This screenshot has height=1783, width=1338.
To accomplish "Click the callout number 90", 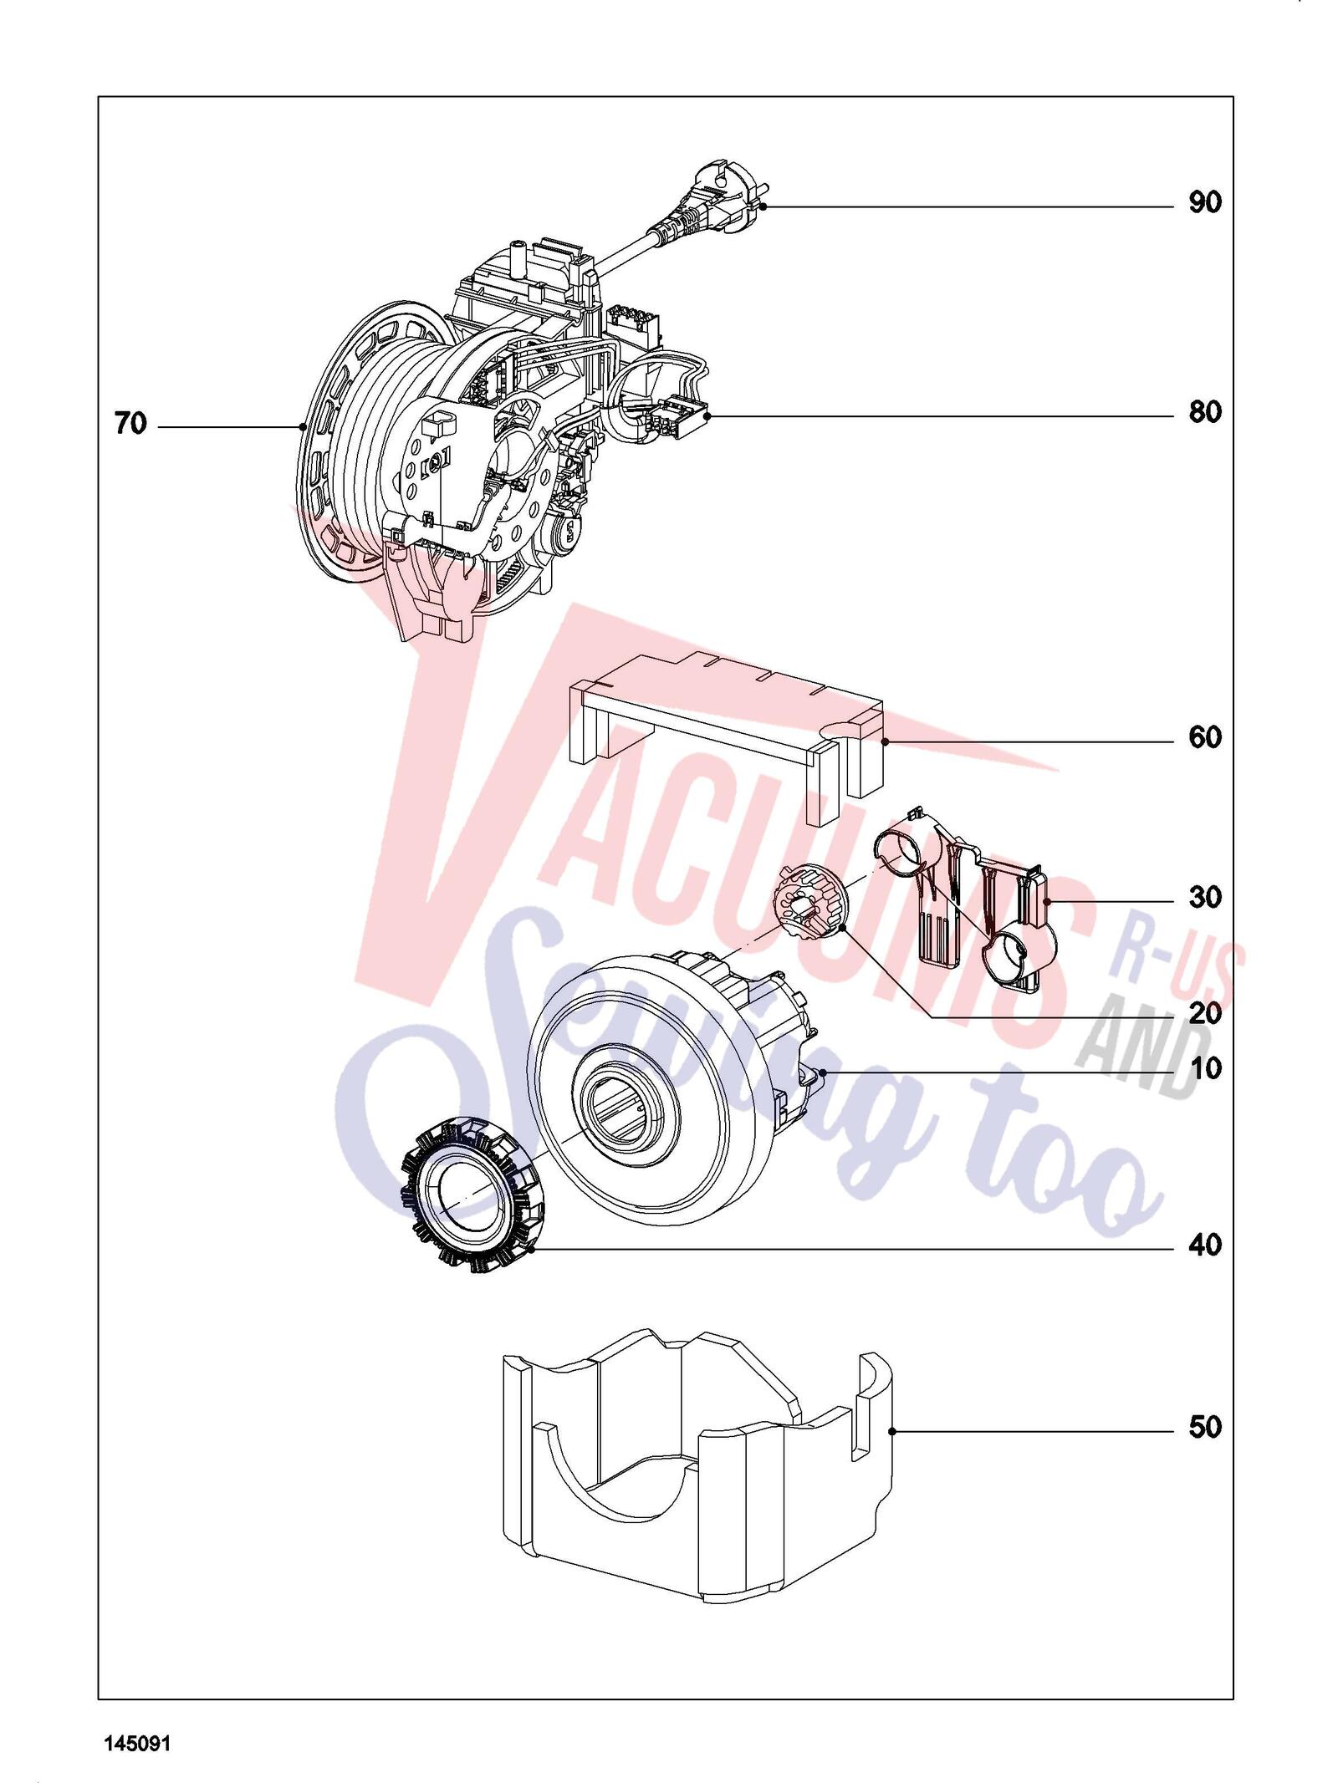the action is click(1205, 202).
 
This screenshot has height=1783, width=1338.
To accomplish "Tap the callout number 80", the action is click(1205, 412).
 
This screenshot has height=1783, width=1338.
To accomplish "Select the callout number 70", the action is click(130, 424).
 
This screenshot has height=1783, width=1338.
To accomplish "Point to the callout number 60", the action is click(1205, 737).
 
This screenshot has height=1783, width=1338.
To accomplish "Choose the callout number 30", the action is click(1205, 898).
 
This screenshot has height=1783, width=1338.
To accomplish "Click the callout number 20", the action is click(1205, 1014).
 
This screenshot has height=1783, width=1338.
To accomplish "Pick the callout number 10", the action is click(1205, 1068).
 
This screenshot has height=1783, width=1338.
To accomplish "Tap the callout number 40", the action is click(1205, 1246).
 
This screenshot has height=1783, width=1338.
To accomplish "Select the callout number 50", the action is click(1205, 1427).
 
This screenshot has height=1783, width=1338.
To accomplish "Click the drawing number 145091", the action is click(137, 1738).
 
